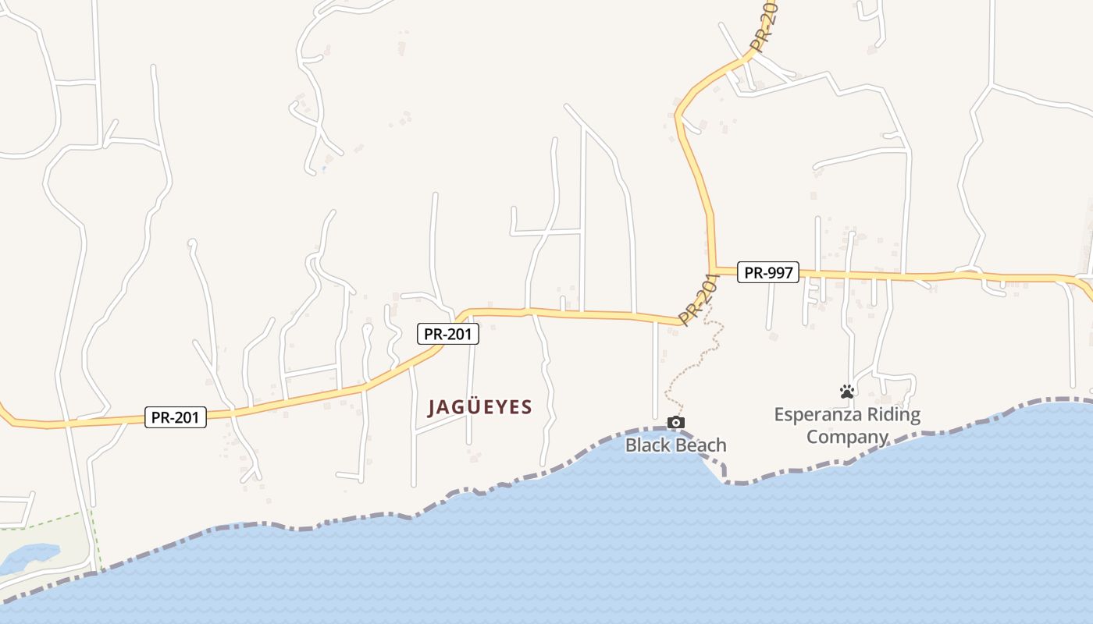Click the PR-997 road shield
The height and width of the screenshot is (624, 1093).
click(767, 272)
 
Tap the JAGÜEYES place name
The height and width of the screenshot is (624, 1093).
click(480, 407)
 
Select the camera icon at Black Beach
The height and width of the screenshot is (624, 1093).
click(676, 423)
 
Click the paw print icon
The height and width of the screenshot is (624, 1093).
click(847, 392)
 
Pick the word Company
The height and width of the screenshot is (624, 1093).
click(847, 437)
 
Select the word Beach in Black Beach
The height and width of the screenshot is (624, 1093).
click(701, 445)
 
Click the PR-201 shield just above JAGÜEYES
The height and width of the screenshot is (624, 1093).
click(447, 335)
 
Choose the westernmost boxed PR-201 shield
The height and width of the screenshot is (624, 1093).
click(176, 417)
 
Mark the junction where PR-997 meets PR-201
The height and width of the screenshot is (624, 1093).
click(714, 271)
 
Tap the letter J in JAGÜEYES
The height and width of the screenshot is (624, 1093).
click(433, 407)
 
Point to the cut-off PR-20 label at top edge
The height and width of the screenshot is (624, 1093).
click(767, 23)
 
